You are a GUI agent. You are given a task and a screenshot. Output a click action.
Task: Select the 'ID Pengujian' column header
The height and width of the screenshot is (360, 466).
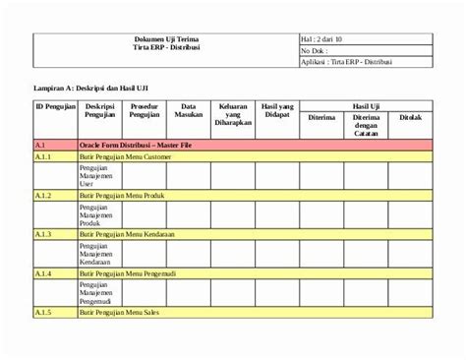[x=55, y=105]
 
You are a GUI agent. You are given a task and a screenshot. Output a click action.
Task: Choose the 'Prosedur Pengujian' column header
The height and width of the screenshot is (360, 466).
[x=145, y=110]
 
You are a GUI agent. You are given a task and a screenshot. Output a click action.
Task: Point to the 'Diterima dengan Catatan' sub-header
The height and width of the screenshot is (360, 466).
[x=366, y=125]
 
